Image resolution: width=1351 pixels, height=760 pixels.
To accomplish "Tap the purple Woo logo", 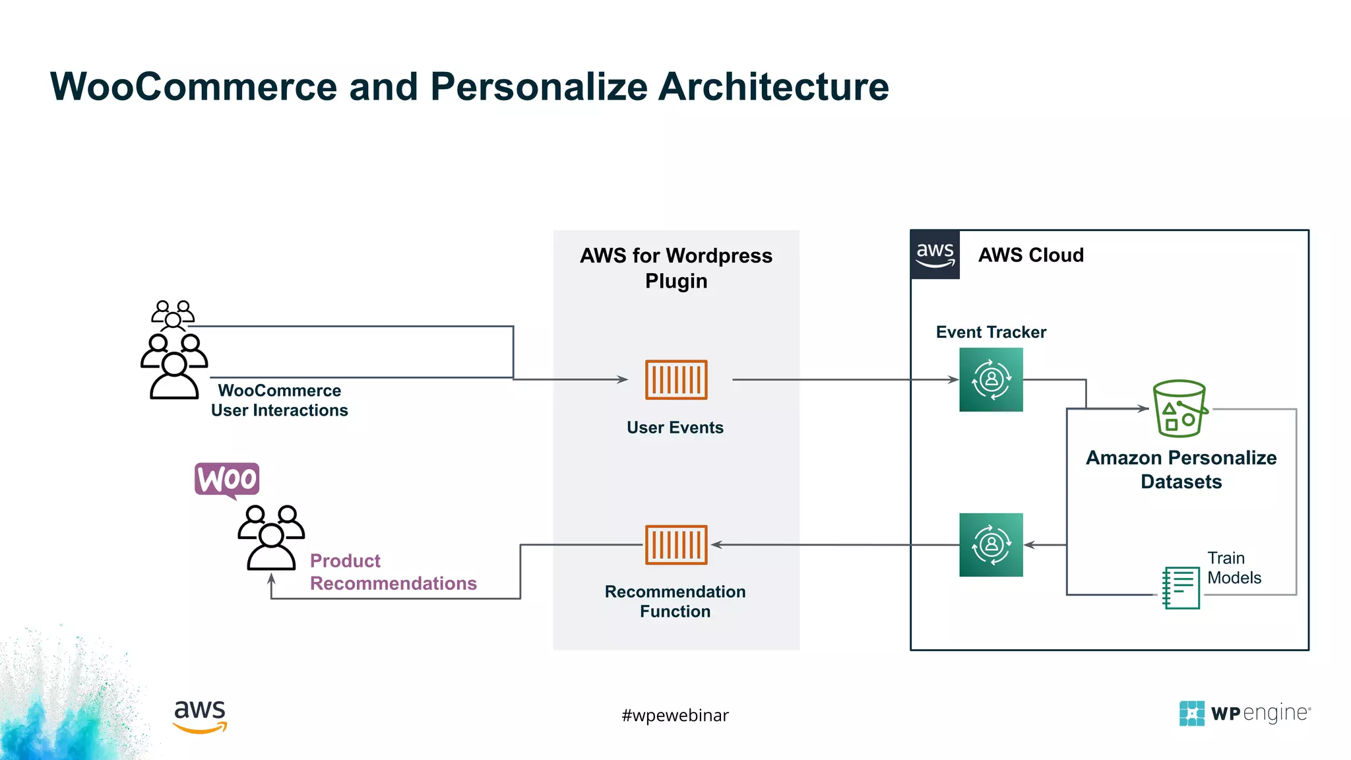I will pyautogui.click(x=227, y=479).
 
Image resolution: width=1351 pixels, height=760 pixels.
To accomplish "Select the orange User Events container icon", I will pyautogui.click(x=675, y=379).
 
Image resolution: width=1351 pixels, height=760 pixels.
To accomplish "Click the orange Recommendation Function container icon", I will pyautogui.click(x=675, y=544).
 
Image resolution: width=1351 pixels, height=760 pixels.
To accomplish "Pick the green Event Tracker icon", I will pyautogui.click(x=991, y=379).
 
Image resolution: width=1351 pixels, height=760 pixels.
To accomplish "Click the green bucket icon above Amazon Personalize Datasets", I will pyautogui.click(x=1179, y=409).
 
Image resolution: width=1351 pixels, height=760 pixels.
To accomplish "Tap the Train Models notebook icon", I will pyautogui.click(x=1181, y=587).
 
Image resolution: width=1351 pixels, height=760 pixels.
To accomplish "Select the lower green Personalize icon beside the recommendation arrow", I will pyautogui.click(x=991, y=544).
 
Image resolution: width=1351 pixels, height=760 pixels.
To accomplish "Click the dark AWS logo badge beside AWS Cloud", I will pyautogui.click(x=935, y=255).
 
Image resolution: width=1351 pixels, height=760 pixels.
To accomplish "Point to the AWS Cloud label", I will pyautogui.click(x=1030, y=255).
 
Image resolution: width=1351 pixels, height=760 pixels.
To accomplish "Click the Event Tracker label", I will pyautogui.click(x=991, y=332).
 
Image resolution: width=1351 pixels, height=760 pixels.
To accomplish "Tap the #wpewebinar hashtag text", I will pyautogui.click(x=675, y=715).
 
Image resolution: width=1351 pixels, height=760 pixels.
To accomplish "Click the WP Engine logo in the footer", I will pyautogui.click(x=1244, y=713).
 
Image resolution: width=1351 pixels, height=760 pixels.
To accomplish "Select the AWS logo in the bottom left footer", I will pyautogui.click(x=200, y=716).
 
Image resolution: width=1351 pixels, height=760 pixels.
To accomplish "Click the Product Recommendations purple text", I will pyautogui.click(x=393, y=572).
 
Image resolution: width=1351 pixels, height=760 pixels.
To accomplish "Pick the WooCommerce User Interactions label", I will pyautogui.click(x=279, y=400).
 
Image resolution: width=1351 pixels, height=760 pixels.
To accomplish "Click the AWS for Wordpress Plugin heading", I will pyautogui.click(x=675, y=268).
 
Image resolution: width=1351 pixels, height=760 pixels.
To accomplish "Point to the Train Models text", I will pyautogui.click(x=1234, y=568).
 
